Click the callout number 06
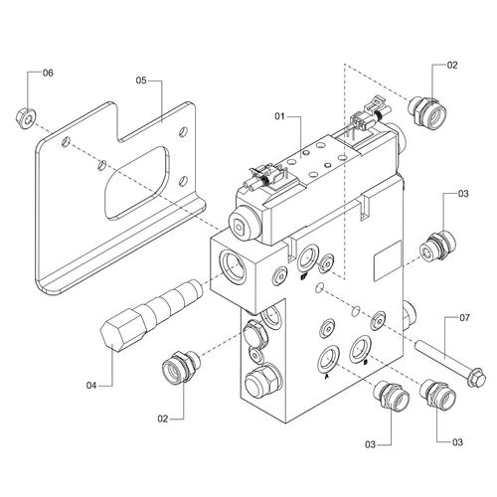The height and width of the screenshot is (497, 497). pyautogui.click(x=48, y=73)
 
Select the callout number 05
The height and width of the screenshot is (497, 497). pyautogui.click(x=141, y=81)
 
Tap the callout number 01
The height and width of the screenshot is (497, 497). pyautogui.click(x=279, y=116)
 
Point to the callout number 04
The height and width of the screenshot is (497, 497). pyautogui.click(x=91, y=386)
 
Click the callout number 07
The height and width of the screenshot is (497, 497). pyautogui.click(x=464, y=318)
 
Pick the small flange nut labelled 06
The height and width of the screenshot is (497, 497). pyautogui.click(x=26, y=117)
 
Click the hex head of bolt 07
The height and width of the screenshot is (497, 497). pyautogui.click(x=476, y=379)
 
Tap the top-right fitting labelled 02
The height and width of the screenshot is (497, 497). pyautogui.click(x=427, y=111)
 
